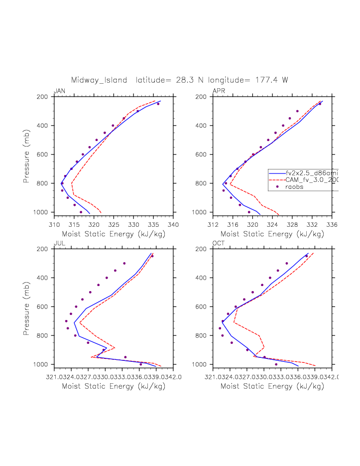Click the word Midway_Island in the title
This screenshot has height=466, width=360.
coord(100,80)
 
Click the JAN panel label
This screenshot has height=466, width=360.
coord(59,91)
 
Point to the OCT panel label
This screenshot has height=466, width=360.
coord(219,243)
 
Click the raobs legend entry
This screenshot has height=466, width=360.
coord(294,187)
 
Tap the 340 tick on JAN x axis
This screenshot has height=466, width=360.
coord(173,224)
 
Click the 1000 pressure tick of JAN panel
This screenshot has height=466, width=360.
coord(43,212)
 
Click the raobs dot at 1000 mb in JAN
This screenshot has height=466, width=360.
coord(81,212)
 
